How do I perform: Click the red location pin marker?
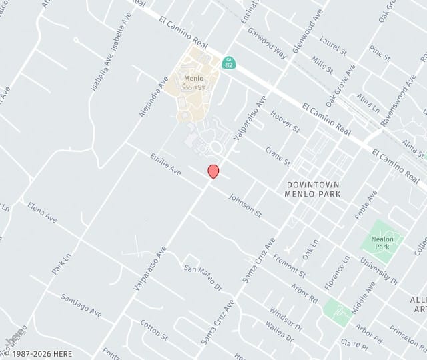coord(213,171)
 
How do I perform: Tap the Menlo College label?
coord(199,82)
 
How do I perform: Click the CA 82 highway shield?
coord(228,63)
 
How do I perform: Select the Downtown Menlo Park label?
coord(312,189)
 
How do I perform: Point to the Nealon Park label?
coord(382,242)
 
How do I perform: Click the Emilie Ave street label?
coord(166,165)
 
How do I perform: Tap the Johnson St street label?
coord(245,204)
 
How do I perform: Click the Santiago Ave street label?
coord(81,305)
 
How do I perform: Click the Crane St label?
coord(278,157)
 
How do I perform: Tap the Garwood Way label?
coord(267,43)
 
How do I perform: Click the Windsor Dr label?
coord(286,319)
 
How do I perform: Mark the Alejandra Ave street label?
coord(154,97)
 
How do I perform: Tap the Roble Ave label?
coord(366,205)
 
